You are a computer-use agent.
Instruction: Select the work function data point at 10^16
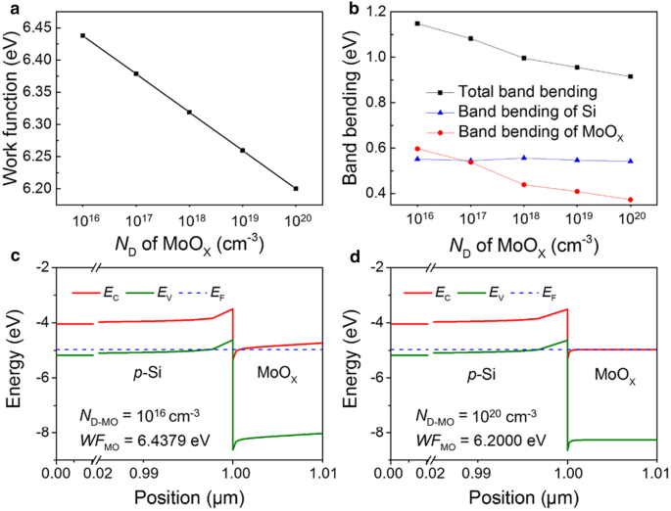[83, 35]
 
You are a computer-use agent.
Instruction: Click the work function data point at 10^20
[295, 188]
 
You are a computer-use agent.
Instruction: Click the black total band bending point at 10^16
[417, 23]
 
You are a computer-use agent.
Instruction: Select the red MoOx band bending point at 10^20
[630, 200]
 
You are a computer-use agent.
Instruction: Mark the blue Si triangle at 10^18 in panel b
[524, 158]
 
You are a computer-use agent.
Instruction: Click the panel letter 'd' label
[348, 256]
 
